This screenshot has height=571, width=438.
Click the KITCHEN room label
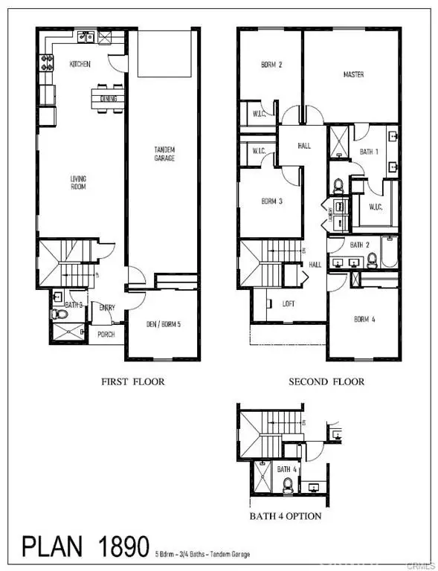tap(80, 65)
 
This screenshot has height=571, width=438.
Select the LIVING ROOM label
tap(78, 182)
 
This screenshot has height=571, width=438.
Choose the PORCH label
tap(106, 335)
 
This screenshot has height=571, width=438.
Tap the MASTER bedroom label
tap(353, 75)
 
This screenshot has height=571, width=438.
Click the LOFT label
tap(289, 303)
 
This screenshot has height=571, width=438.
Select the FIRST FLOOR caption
tap(133, 381)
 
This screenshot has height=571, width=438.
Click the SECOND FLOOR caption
tap(327, 381)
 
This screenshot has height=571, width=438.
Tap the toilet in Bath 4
tap(288, 485)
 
